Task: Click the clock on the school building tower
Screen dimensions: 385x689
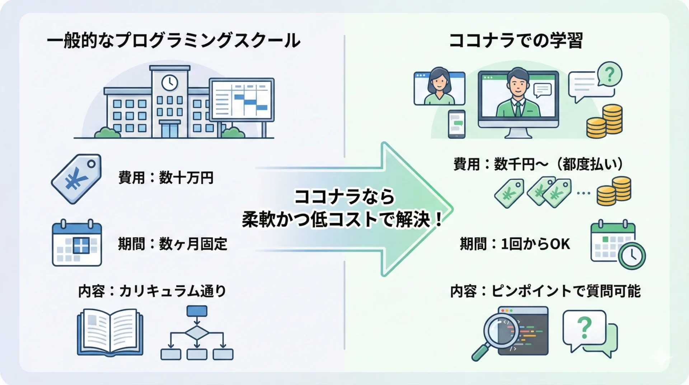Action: (169, 83)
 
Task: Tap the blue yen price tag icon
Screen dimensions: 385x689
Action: (76, 178)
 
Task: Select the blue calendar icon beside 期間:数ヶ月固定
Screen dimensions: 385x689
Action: (77, 244)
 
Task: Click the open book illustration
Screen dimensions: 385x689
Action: (110, 332)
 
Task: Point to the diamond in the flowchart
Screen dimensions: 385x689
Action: (197, 333)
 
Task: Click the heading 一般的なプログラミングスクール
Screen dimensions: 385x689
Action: (174, 41)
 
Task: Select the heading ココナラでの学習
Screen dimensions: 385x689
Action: (516, 41)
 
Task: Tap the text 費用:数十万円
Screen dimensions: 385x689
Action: (166, 178)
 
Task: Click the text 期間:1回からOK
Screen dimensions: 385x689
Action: (515, 244)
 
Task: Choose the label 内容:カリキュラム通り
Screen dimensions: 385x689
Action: (152, 291)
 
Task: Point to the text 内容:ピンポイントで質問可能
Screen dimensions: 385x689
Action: (545, 291)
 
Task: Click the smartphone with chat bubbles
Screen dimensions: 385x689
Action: (456, 124)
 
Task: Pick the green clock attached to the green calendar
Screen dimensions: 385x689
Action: (632, 256)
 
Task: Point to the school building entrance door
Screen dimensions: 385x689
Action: (169, 130)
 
